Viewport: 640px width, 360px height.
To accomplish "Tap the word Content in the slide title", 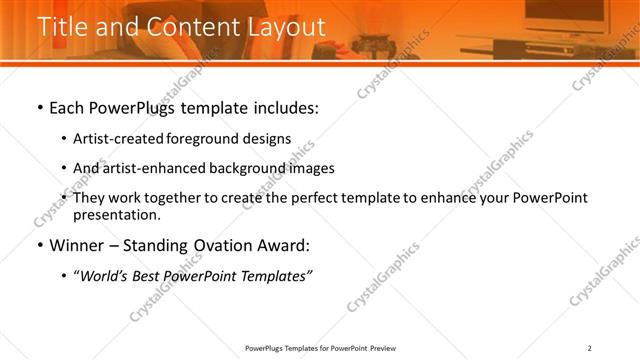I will click(187, 27).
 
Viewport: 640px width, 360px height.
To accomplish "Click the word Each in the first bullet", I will click(68, 107).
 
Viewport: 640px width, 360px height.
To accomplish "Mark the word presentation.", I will click(116, 214).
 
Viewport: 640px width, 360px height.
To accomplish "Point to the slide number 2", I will click(590, 348).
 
